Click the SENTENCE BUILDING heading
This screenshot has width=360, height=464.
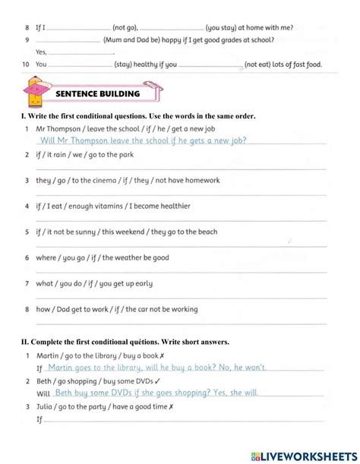pyautogui.click(x=98, y=94)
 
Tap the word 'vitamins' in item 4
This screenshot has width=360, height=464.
pyautogui.click(x=106, y=207)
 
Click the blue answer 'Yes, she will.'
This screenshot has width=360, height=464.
pyautogui.click(x=234, y=393)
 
